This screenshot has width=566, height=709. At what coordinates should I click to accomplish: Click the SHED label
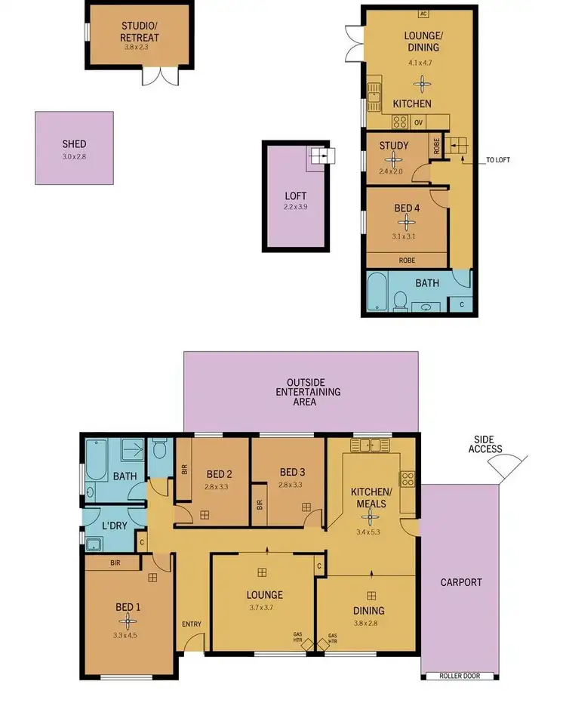[x=74, y=143]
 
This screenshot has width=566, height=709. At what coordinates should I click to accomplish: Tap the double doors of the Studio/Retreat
[x=160, y=76]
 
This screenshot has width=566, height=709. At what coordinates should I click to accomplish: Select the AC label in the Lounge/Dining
[x=423, y=14]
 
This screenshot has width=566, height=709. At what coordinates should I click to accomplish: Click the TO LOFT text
[x=497, y=159]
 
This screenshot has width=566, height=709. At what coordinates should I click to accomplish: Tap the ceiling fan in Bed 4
[x=408, y=221]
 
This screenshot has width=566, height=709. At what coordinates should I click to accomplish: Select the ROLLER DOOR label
[x=460, y=677]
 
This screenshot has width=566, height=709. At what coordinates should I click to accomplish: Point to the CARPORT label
[x=460, y=582]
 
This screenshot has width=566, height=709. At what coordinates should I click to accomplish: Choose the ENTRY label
[x=192, y=623]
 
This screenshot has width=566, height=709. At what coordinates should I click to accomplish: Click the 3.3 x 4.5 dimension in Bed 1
[x=128, y=635]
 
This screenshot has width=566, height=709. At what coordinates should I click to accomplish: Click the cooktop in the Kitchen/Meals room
[x=408, y=478]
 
